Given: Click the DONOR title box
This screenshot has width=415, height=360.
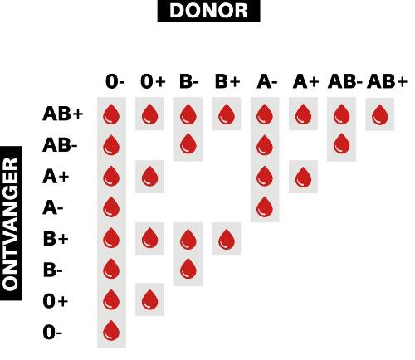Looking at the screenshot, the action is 208,11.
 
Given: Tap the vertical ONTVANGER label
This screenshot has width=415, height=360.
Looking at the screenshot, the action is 11,223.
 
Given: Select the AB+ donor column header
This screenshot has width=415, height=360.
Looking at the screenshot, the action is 387,81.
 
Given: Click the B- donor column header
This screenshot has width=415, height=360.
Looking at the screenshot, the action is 189,81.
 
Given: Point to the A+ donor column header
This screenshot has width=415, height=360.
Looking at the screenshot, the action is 305,81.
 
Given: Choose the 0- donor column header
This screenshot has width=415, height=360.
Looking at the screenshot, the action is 115,81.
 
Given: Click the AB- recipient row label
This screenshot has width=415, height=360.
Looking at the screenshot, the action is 60,145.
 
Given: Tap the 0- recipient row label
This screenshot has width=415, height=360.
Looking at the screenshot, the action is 52,332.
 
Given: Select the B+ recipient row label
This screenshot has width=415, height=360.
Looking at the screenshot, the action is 56,239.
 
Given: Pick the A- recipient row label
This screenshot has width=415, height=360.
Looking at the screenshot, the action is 53,207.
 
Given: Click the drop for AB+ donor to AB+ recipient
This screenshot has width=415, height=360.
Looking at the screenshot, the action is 380,114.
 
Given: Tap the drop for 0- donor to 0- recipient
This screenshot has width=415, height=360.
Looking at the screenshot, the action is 111,331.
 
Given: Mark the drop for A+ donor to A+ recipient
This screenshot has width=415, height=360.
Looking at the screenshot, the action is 303,177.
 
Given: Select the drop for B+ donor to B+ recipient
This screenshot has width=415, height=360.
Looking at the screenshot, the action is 227,239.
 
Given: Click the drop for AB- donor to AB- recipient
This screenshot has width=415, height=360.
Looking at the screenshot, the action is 342,144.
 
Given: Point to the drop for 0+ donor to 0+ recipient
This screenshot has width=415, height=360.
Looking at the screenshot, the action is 149,299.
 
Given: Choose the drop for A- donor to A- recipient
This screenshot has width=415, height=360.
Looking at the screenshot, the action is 265,207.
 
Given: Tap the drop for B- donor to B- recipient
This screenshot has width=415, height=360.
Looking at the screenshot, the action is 188,269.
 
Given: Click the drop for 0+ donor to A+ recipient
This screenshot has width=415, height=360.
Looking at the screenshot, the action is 149,177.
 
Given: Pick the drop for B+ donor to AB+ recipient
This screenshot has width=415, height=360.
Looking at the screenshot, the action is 227,114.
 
